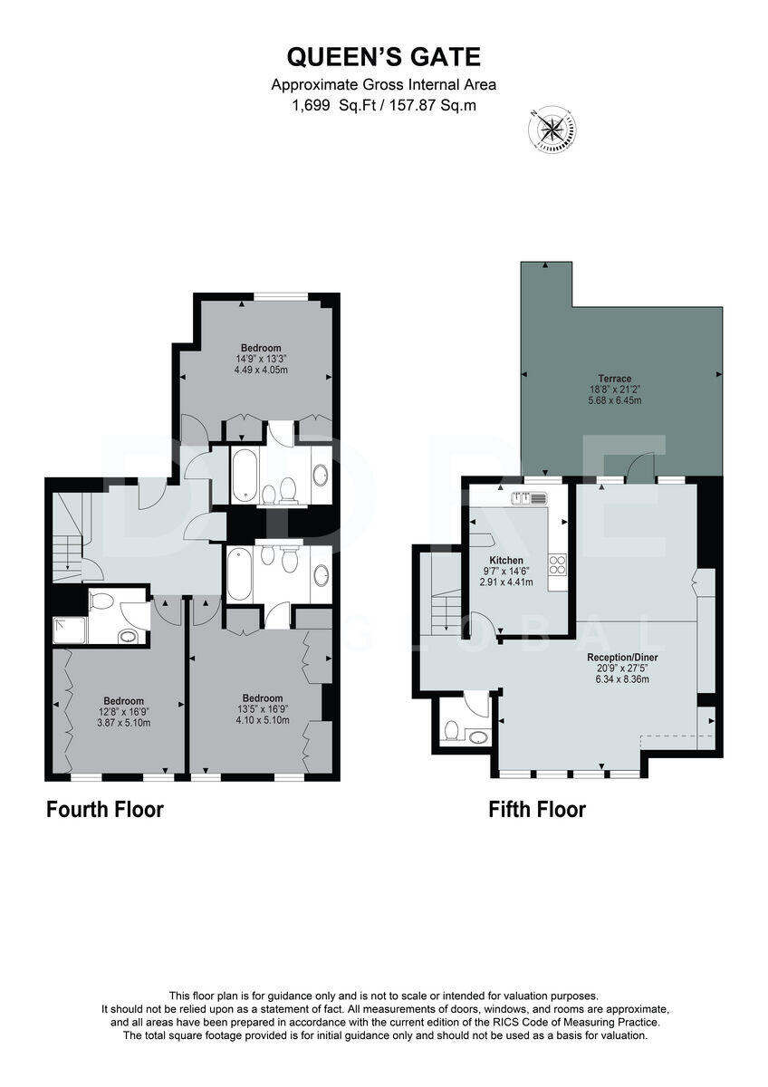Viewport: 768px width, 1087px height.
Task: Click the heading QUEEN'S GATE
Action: pos(384,58)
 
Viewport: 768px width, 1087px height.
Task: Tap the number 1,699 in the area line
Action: pos(312,105)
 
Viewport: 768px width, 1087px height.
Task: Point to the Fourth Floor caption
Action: pos(105,809)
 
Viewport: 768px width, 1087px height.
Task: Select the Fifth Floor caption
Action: pos(537,809)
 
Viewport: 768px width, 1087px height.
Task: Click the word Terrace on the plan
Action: pos(614,379)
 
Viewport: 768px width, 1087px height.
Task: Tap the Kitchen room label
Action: pos(506,561)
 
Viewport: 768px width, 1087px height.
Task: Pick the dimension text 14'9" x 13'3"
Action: pos(261,359)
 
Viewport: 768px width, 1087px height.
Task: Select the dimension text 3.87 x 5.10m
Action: pos(124,723)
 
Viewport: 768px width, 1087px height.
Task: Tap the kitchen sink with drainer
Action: pos(529,497)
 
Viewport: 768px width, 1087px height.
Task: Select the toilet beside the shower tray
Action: pos(102,600)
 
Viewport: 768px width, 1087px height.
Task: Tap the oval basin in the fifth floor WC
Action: pos(478,736)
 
